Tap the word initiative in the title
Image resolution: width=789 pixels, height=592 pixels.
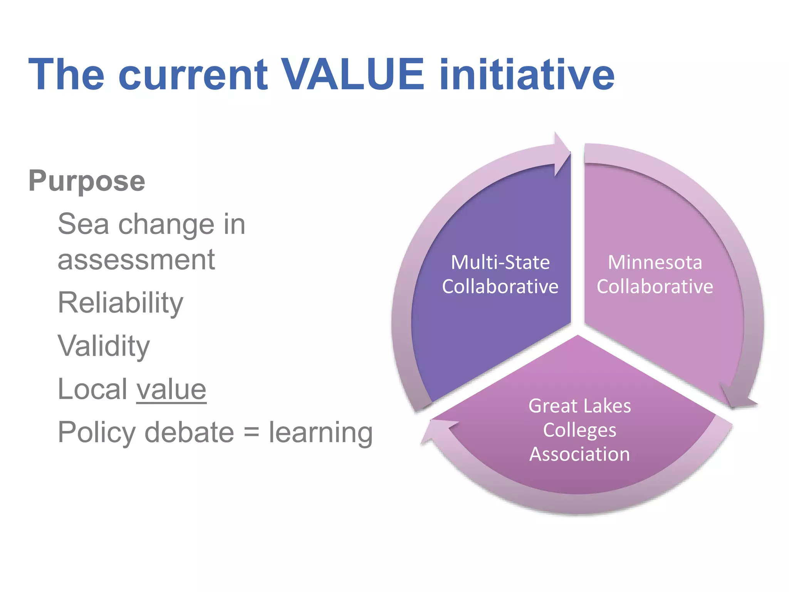[527, 74]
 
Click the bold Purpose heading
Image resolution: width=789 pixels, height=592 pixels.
[87, 181]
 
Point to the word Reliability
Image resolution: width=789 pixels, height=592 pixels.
[120, 303]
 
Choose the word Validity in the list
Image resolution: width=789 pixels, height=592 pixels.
[104, 346]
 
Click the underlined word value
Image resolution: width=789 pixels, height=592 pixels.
[171, 389]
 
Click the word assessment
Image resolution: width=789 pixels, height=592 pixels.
[136, 260]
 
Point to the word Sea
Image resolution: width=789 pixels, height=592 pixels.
[83, 224]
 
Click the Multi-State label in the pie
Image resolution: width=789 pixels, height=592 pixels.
[500, 262]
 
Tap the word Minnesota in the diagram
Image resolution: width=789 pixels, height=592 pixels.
[655, 262]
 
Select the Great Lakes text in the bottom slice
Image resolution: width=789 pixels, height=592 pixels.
[579, 406]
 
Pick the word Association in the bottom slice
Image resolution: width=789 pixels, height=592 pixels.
[579, 454]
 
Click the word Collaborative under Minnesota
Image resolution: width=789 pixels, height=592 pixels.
[655, 286]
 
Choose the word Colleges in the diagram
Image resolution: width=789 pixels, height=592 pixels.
[579, 430]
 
